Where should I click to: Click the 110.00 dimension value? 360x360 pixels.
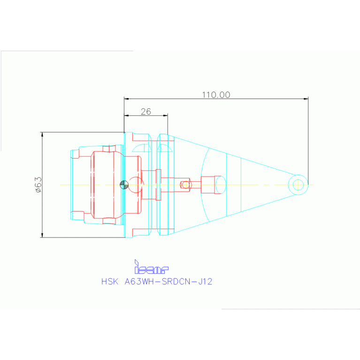click(216, 95)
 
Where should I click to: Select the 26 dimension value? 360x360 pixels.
click(146, 111)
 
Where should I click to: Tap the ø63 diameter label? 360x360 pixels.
click(38, 184)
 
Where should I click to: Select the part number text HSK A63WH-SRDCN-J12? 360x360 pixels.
click(157, 282)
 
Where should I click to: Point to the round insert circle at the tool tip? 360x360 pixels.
click(298, 184)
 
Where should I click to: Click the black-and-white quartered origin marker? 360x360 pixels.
click(124, 184)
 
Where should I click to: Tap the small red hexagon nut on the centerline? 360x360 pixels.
click(185, 184)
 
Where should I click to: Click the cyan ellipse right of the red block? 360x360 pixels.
click(220, 184)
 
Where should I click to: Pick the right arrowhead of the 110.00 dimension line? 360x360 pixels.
click(306, 99)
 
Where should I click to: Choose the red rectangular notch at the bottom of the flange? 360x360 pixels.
click(141, 232)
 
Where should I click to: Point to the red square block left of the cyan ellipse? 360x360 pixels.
click(208, 184)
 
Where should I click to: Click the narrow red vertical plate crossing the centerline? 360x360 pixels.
click(158, 184)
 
